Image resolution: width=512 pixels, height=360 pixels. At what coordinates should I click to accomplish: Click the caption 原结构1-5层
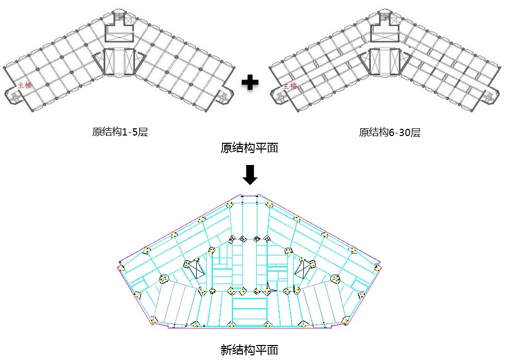point(120,132)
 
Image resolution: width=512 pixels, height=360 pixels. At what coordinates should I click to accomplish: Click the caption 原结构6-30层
point(389,132)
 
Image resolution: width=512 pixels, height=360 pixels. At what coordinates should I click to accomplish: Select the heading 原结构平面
point(249,148)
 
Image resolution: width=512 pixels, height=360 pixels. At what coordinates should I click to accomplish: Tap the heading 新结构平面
point(249,350)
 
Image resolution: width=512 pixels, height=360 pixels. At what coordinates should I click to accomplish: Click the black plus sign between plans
point(250,83)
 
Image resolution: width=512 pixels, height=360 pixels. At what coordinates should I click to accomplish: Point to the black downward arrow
point(250,175)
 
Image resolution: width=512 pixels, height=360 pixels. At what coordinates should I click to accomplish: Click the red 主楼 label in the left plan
point(25,85)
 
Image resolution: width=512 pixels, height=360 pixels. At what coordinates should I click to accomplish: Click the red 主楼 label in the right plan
point(289,86)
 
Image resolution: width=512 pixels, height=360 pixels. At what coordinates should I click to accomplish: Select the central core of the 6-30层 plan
point(384,62)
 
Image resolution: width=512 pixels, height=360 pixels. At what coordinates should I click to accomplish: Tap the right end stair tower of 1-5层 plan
point(224,96)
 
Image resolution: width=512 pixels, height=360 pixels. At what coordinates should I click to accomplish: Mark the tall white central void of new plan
point(250,265)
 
